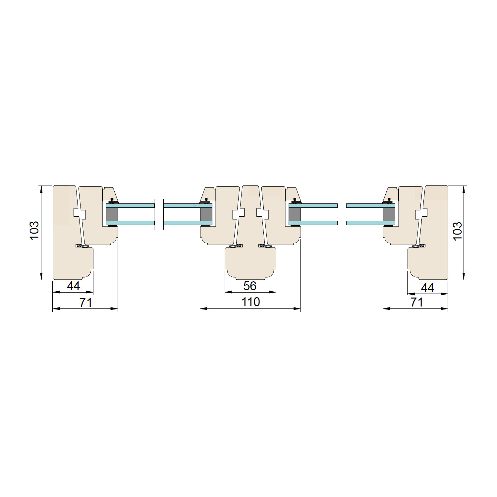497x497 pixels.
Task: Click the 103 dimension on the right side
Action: (x=457, y=231)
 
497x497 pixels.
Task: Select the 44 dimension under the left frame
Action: (x=73, y=286)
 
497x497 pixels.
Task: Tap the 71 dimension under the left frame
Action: (x=85, y=303)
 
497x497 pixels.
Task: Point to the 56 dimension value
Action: (x=250, y=286)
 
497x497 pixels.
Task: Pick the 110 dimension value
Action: (x=251, y=302)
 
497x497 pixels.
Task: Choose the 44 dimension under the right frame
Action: (x=427, y=287)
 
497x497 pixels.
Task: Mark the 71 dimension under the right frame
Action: (x=417, y=302)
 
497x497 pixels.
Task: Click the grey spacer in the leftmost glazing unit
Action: (x=112, y=214)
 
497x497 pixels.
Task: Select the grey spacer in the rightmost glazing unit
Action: (x=389, y=214)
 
